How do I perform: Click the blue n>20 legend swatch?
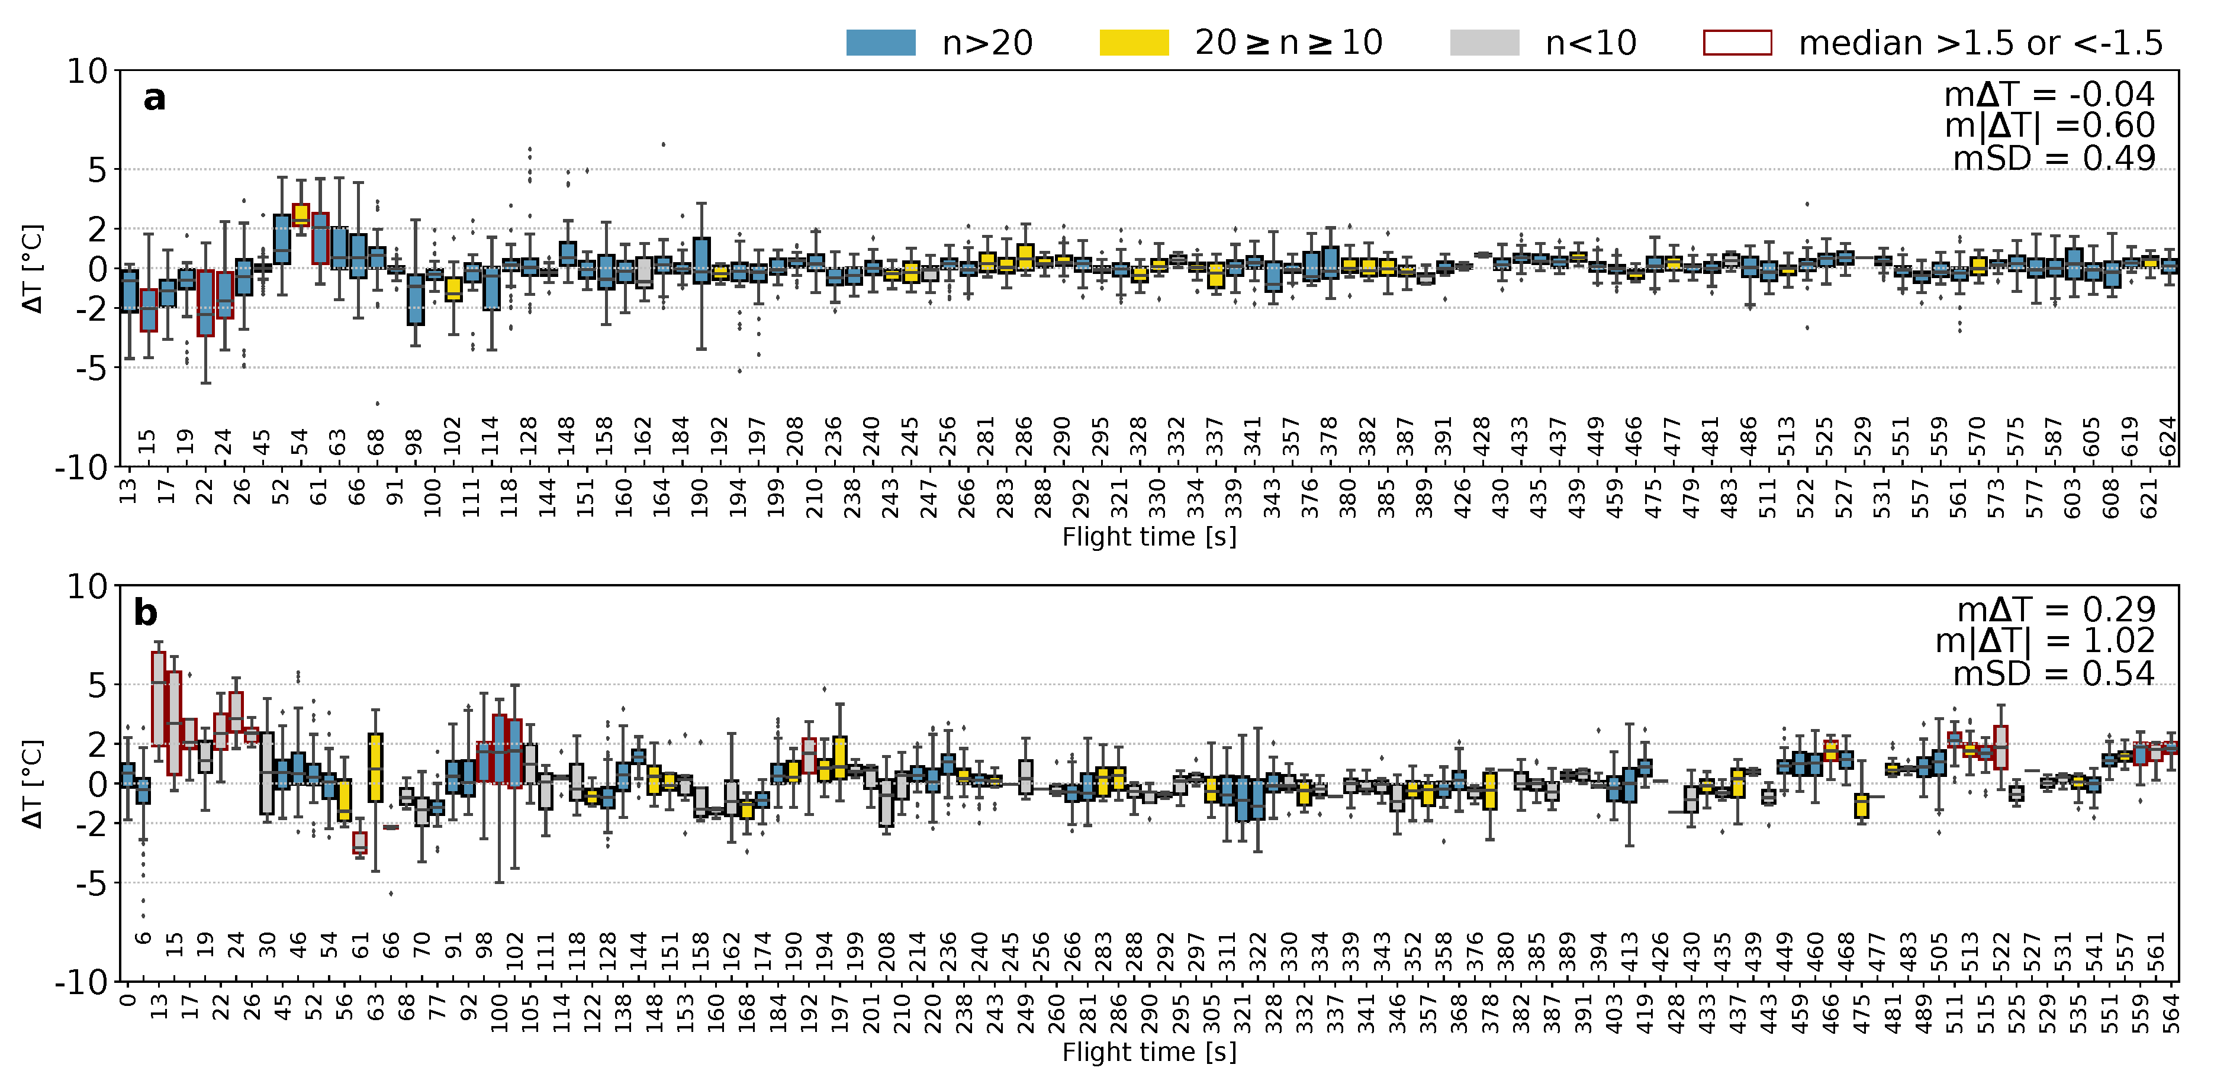(x=880, y=42)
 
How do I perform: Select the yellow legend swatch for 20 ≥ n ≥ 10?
(x=1134, y=42)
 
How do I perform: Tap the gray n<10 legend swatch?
(x=1483, y=42)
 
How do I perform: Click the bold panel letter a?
(x=154, y=98)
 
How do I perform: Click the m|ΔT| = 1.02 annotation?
(x=2045, y=641)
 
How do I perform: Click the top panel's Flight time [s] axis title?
(x=1149, y=537)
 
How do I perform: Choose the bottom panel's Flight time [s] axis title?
(x=1149, y=1051)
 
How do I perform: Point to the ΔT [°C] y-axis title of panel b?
(x=33, y=783)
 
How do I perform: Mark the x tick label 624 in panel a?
(x=2168, y=437)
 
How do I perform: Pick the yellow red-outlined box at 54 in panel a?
(x=301, y=215)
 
